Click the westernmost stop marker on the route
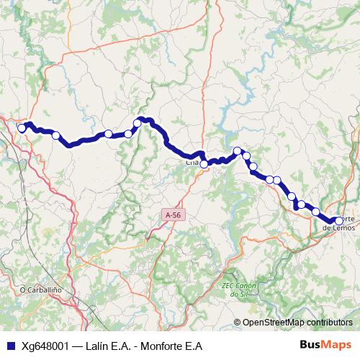coord(22,128)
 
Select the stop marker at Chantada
coord(204,164)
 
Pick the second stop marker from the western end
coord(55,135)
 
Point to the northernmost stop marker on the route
coord(138,123)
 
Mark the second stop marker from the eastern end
coord(315,211)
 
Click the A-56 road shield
coord(172,215)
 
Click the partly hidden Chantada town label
coord(192,163)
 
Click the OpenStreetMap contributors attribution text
coord(297,322)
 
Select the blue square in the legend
coord(9,345)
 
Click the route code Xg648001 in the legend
coord(45,345)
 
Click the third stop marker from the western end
coord(108,133)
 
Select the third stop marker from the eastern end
coord(301,204)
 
